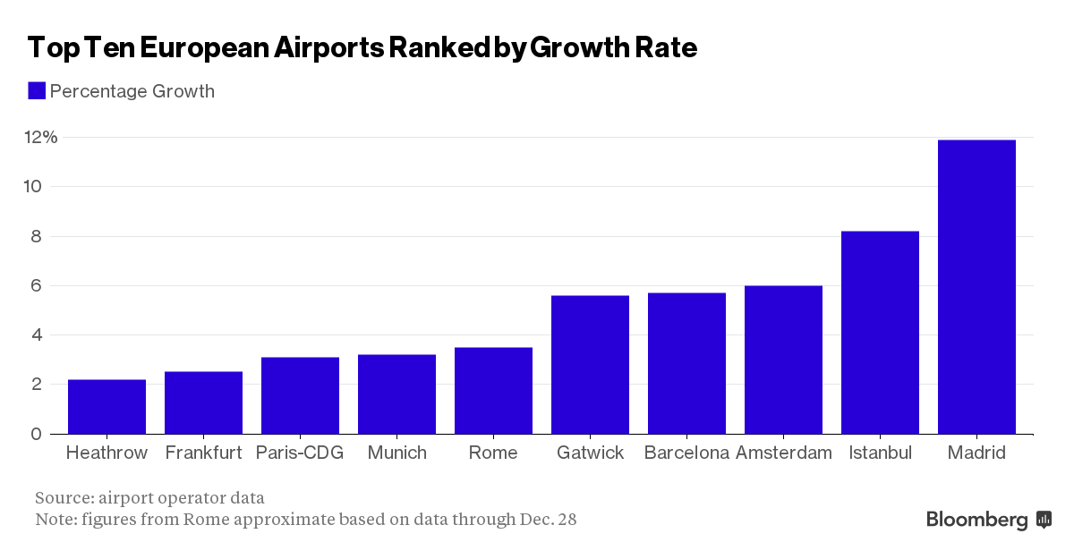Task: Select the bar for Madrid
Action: [976, 286]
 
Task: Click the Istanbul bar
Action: [880, 332]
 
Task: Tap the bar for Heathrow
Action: [107, 406]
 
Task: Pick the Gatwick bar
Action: [590, 364]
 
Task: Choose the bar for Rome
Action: [493, 390]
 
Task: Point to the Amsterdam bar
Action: [783, 360]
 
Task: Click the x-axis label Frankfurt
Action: [203, 453]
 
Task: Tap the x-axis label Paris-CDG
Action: [300, 453]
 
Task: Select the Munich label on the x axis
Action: [396, 453]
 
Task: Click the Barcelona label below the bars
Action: [686, 453]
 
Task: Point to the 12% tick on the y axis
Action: [40, 137]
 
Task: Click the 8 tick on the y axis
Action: [35, 236]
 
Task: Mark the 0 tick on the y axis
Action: [36, 434]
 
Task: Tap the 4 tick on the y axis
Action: [36, 335]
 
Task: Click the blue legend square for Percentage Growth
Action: [37, 90]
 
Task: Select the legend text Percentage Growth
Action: [132, 91]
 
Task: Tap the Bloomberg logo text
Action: [976, 520]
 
